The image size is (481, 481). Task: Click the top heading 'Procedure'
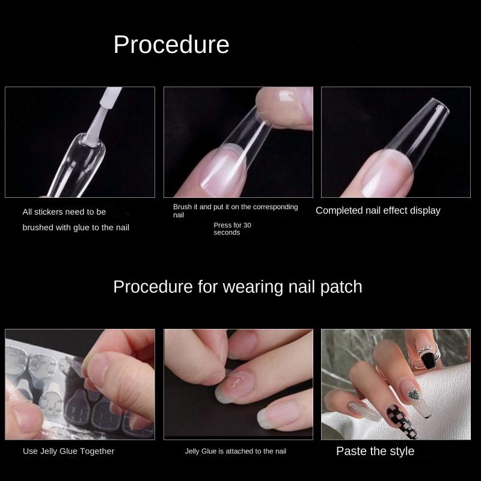point(171,45)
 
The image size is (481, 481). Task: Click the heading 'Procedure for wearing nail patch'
point(237,286)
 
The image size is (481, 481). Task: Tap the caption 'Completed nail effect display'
point(378,210)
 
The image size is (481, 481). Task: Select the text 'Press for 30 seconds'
point(232,228)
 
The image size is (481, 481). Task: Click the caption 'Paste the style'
point(375,451)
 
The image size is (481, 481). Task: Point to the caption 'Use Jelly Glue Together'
point(69,451)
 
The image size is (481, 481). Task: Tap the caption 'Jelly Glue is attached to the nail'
point(235,451)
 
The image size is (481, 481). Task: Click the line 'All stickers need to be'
point(64,212)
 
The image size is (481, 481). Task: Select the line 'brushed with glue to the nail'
point(76,227)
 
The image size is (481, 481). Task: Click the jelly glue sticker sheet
point(60,385)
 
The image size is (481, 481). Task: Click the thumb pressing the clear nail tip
point(286,105)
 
